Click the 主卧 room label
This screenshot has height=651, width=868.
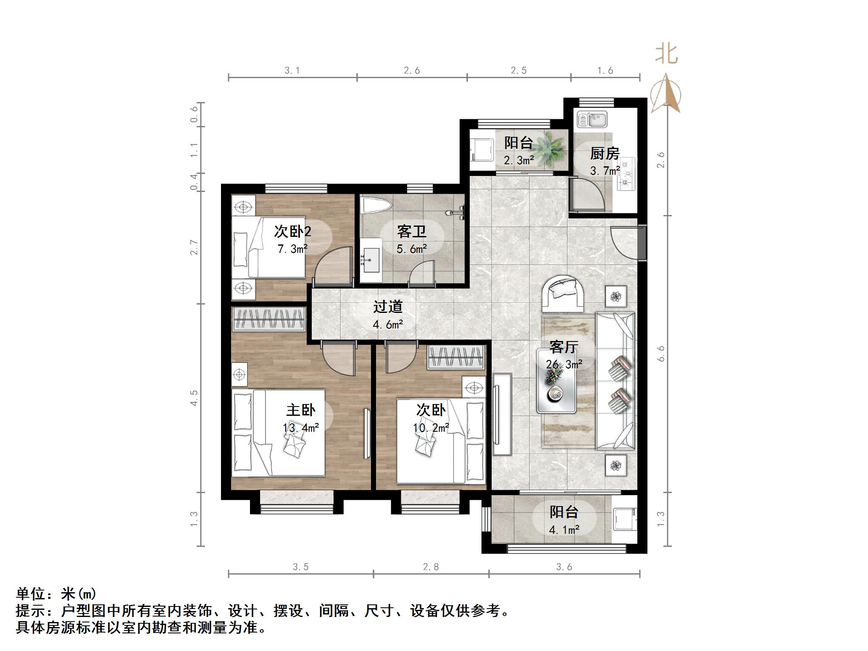(300, 409)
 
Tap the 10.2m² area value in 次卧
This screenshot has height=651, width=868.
(431, 428)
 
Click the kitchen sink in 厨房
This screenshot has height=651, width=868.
(592, 119)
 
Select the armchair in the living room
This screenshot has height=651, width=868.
(563, 293)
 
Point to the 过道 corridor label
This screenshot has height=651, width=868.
(387, 307)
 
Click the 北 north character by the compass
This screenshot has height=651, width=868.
(666, 55)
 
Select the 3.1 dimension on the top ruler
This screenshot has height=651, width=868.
(292, 71)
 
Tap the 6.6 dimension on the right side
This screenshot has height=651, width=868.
(661, 354)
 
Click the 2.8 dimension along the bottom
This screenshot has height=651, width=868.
(431, 567)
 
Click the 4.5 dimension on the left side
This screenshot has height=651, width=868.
(194, 398)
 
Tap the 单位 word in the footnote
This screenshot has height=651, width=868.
(30, 594)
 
